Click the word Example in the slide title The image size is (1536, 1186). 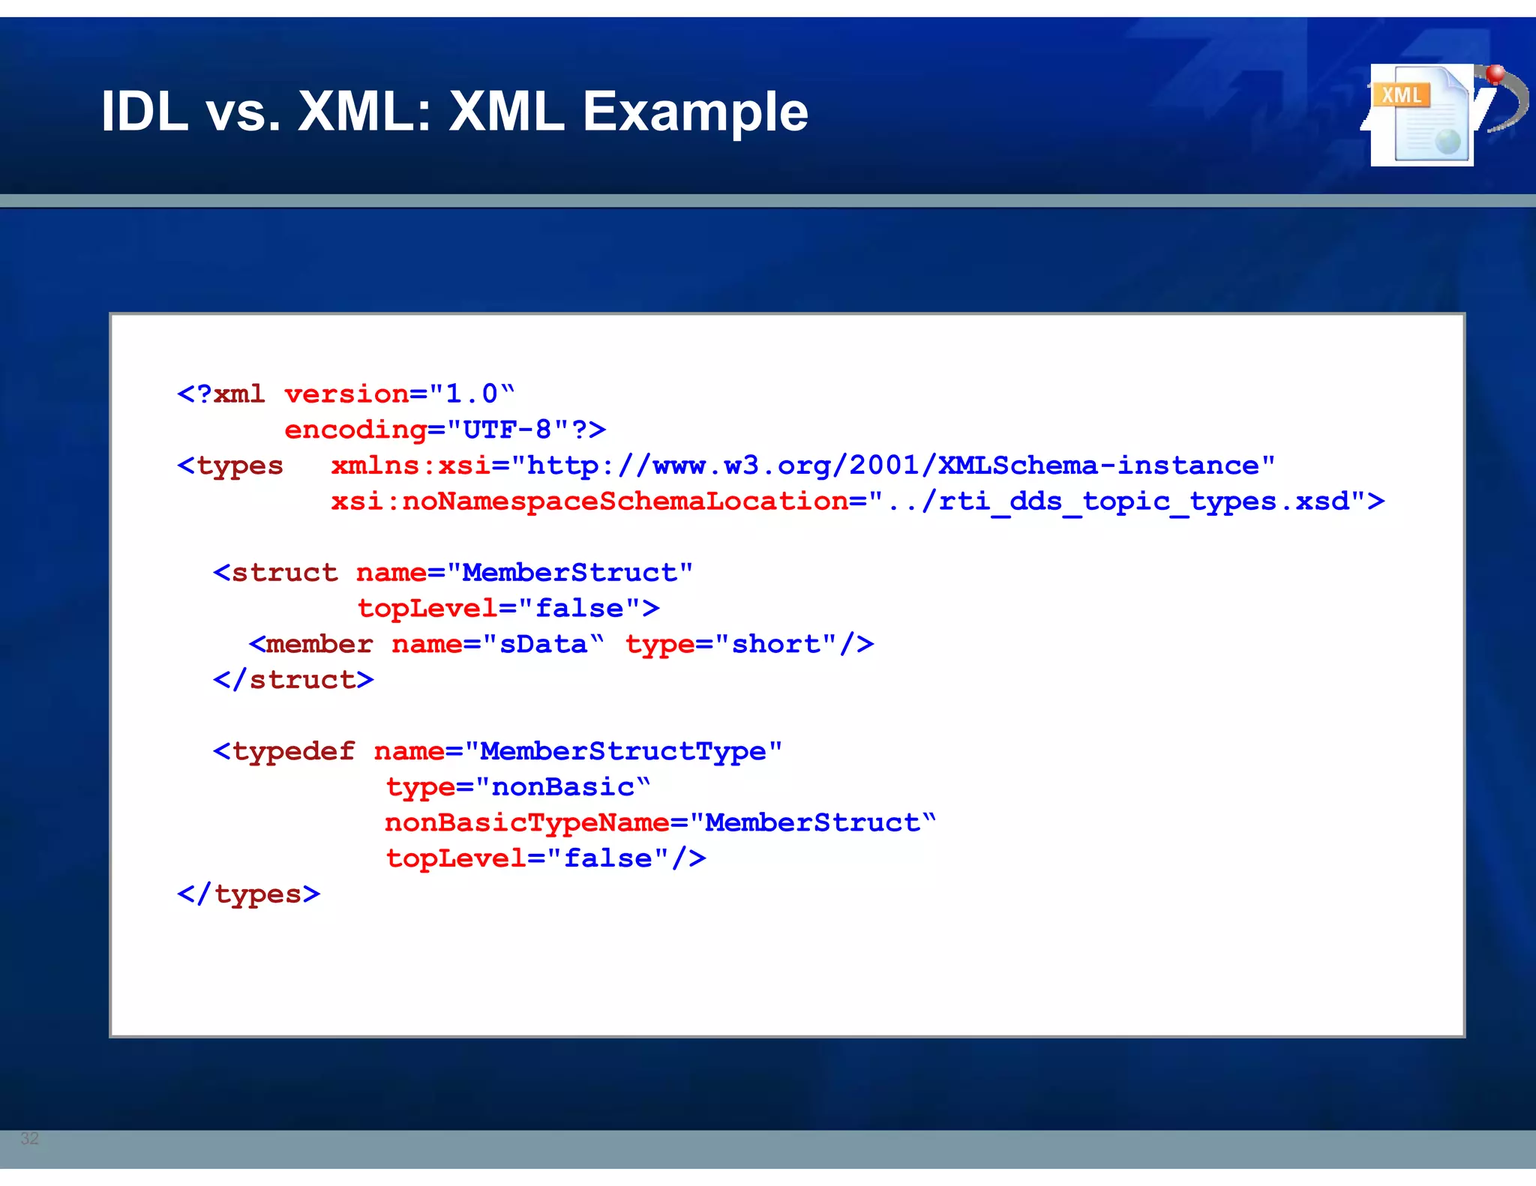[x=695, y=112]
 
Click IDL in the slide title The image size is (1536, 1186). [x=144, y=112]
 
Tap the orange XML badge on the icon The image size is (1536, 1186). [x=1401, y=95]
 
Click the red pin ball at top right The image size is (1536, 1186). [x=1495, y=73]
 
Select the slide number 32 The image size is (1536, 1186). [x=29, y=1138]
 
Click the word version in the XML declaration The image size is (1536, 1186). [x=346, y=394]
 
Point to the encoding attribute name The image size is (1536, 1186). [x=355, y=430]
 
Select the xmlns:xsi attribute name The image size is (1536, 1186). [x=411, y=466]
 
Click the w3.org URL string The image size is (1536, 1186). [x=892, y=466]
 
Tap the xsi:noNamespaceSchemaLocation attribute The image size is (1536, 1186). [x=589, y=501]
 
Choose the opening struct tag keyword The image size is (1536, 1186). [x=284, y=573]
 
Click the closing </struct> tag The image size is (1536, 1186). [x=293, y=680]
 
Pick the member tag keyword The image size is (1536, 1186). [x=319, y=644]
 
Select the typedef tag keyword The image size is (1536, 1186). [x=293, y=751]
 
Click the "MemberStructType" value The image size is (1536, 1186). [x=623, y=751]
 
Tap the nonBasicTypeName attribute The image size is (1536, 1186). [x=527, y=822]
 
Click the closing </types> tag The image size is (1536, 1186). [x=249, y=894]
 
